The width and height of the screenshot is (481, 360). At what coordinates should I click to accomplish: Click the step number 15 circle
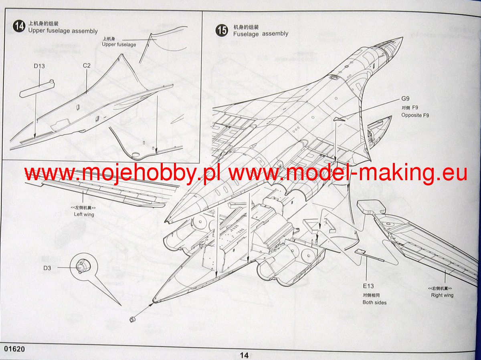coord(222,30)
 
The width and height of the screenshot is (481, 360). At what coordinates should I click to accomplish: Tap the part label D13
coord(39,66)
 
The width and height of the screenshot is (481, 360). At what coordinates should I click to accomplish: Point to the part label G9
coord(406,99)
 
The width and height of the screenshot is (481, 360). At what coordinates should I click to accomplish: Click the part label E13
coord(368,286)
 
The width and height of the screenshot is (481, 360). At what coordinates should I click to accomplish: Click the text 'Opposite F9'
coord(417,115)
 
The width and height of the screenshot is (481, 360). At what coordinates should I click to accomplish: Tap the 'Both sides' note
coord(374,302)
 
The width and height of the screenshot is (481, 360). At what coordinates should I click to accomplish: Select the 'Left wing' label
coord(84,214)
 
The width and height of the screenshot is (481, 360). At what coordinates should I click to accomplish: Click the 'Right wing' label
coord(442,295)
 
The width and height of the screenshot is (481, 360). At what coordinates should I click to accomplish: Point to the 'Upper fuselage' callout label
coord(119,44)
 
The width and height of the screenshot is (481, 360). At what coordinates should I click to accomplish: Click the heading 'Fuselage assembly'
coord(261,34)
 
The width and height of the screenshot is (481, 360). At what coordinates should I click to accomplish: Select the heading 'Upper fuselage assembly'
coord(63,31)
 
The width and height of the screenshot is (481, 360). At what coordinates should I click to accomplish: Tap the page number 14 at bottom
coord(244,355)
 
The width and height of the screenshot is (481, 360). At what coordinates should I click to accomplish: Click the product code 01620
coord(15,349)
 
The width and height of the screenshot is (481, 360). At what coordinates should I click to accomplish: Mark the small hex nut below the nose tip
coord(132,319)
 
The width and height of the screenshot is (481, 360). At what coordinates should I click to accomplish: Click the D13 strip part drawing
coord(36,89)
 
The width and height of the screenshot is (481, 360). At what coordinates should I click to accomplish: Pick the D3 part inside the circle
coord(82,265)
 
